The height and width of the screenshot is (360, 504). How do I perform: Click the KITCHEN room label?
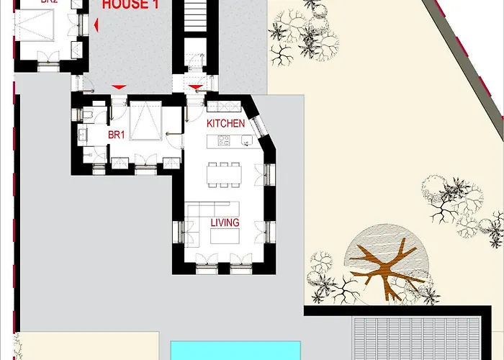click(x=225, y=124)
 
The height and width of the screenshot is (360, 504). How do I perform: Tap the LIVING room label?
click(x=225, y=223)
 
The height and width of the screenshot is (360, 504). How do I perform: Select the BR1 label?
click(x=117, y=135)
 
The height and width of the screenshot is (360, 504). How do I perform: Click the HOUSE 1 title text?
click(x=130, y=4)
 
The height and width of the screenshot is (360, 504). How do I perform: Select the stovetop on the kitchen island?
click(x=224, y=140)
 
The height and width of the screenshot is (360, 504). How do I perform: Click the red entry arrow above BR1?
click(x=119, y=87)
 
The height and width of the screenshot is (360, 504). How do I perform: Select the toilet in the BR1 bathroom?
click(x=87, y=115)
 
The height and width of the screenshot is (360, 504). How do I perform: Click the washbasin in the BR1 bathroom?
click(x=84, y=134)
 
